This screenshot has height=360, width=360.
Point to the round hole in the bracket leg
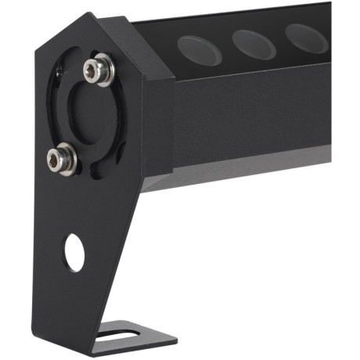(x=74, y=253)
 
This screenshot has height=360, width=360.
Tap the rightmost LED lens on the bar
(x=306, y=37)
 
